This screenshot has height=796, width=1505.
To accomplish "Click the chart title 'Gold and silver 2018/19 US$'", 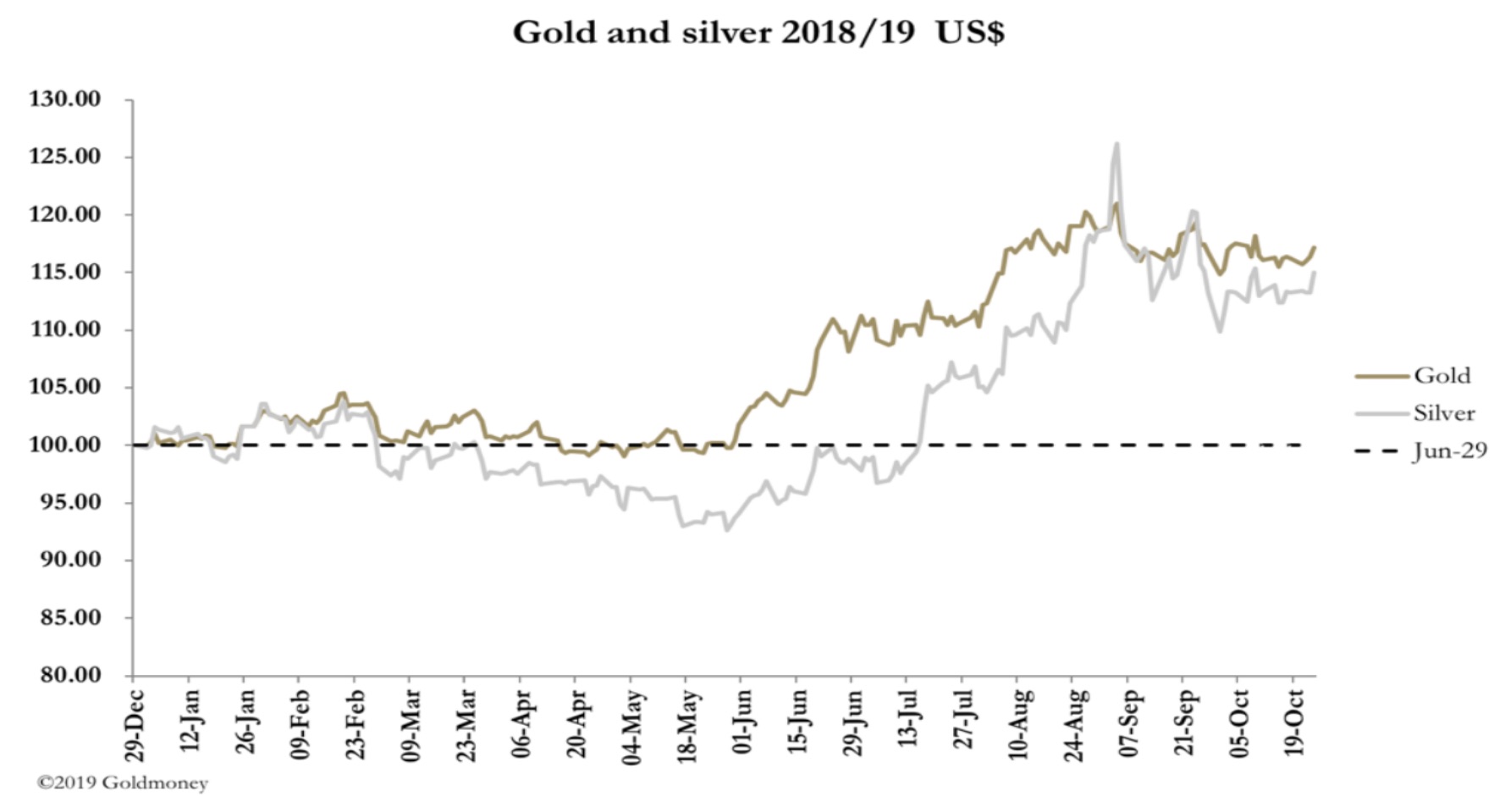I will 758,32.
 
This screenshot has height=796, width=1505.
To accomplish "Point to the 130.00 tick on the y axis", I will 65,99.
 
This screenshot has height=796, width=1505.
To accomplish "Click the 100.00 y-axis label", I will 65,445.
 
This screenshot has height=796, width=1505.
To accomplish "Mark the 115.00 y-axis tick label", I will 65,272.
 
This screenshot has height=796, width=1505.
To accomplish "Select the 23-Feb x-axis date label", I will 356,725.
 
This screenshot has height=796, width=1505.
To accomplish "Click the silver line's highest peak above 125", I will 1116,144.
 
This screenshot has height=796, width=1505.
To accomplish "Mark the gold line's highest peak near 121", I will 1116,203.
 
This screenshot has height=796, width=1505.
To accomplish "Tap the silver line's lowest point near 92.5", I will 726,530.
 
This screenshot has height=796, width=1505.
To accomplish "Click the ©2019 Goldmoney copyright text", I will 123,782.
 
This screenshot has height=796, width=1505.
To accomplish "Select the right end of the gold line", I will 1315,247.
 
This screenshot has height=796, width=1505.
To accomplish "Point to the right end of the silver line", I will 1315,273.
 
